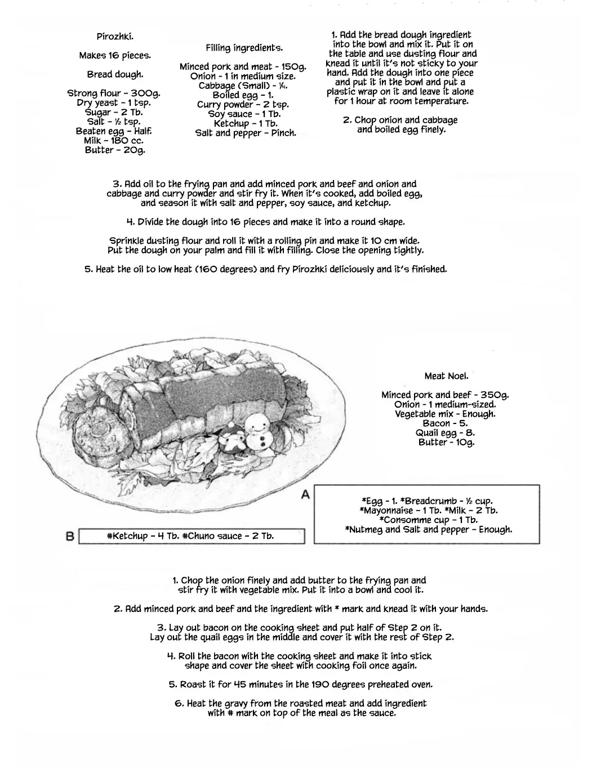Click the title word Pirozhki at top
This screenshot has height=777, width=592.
[115, 37]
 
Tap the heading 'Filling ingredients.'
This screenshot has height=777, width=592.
[244, 48]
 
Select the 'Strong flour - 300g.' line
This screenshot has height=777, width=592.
[114, 93]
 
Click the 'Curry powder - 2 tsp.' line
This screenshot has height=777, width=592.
[243, 105]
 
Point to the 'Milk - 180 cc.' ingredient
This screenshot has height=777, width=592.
[114, 141]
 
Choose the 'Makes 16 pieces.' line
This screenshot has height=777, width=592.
[115, 56]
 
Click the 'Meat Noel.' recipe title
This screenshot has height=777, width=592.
[446, 376]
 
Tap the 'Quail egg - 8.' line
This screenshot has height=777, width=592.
[446, 432]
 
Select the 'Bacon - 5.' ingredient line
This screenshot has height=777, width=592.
[446, 423]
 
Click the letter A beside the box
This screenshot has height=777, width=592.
[306, 495]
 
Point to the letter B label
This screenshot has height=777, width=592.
[70, 537]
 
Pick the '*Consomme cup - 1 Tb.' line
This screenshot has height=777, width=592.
[428, 520]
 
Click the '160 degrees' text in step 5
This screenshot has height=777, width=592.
[226, 269]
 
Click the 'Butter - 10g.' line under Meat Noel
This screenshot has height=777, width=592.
[446, 443]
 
